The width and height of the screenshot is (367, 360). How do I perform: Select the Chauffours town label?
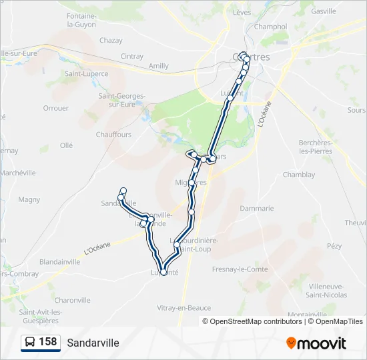point(113,134)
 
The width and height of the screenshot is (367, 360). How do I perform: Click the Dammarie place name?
point(257,208)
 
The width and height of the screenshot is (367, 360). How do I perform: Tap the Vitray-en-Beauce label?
point(183,308)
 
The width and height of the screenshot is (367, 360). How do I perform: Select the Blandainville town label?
point(60,262)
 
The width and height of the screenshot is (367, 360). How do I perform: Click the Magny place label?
point(29,199)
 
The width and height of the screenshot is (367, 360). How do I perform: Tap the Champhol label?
point(270,27)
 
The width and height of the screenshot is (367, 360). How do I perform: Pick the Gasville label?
point(324,11)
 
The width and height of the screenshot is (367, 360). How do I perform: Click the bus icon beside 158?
point(31,343)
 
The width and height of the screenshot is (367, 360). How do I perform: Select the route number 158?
point(47,342)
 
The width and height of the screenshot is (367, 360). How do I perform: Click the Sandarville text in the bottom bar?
point(93,343)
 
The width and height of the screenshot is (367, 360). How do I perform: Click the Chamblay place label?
point(298,175)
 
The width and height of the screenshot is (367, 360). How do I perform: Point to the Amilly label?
point(159,66)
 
